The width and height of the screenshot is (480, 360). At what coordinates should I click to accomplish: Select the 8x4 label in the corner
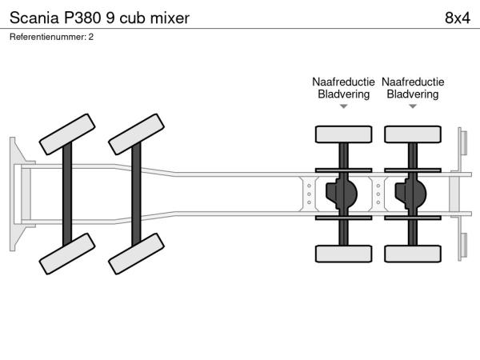(456, 18)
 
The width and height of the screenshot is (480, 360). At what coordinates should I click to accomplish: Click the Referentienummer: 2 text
(52, 37)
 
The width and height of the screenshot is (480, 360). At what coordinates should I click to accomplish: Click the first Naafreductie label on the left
(343, 82)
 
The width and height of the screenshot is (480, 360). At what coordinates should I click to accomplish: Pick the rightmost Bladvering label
(412, 94)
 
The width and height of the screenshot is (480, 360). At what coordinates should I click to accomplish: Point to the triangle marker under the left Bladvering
(343, 106)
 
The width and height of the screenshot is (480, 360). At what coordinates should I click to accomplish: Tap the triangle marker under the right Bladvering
(412, 106)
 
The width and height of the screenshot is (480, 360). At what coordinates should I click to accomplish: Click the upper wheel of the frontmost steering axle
(68, 133)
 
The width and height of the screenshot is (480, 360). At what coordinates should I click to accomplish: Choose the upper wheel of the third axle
(343, 134)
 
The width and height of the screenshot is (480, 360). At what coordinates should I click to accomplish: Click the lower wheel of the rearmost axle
(412, 254)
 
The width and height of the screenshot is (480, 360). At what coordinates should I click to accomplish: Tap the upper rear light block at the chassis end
(462, 142)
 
